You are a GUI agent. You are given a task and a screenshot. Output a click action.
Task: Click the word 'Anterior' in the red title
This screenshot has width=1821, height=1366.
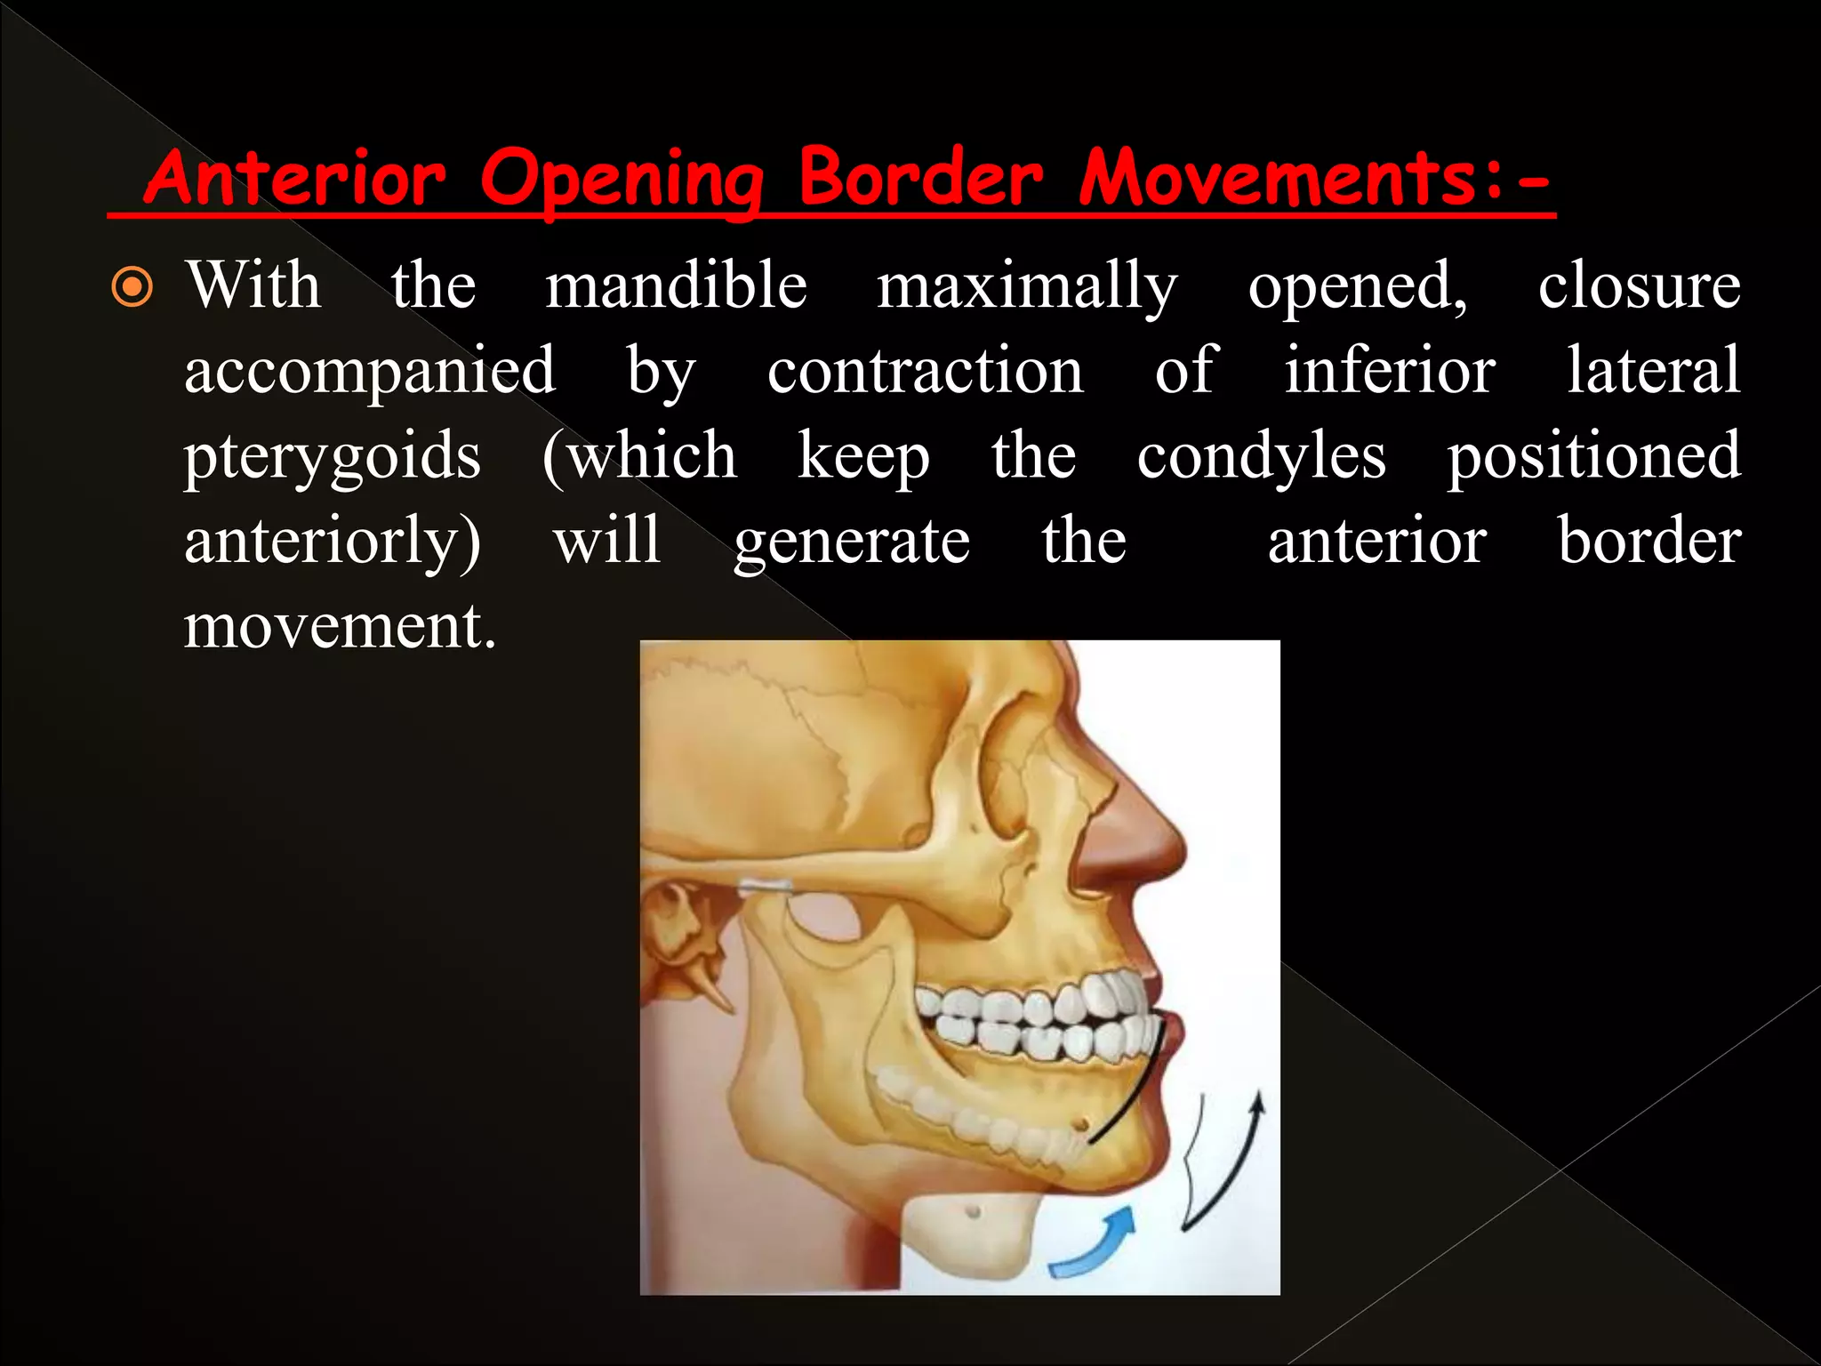(294, 177)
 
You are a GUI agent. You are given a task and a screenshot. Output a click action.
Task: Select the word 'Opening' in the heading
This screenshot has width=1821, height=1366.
(622, 179)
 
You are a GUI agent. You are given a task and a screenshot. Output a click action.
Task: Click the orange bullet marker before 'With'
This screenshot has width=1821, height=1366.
(132, 288)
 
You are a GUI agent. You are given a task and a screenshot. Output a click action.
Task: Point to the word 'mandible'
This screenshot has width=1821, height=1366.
(676, 286)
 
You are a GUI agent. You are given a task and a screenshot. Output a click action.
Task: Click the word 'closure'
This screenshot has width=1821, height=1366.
(1639, 286)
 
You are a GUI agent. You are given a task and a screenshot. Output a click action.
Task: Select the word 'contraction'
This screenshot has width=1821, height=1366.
(925, 371)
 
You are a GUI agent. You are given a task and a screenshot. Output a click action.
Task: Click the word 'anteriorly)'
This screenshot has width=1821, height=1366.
(333, 542)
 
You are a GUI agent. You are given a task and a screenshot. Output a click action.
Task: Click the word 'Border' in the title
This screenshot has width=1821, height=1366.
(919, 177)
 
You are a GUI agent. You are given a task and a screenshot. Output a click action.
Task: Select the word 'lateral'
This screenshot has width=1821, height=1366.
(1653, 371)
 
